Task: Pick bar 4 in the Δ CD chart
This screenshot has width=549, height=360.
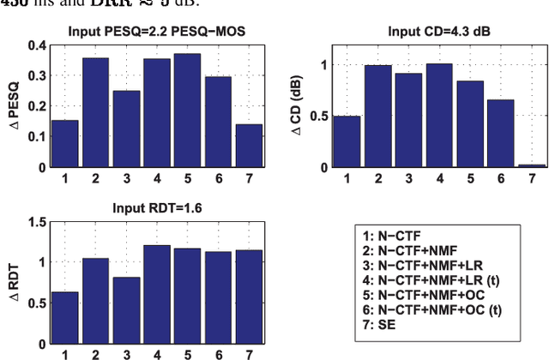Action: pyautogui.click(x=439, y=115)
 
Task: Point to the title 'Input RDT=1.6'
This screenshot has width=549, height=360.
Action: pyautogui.click(x=156, y=207)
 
